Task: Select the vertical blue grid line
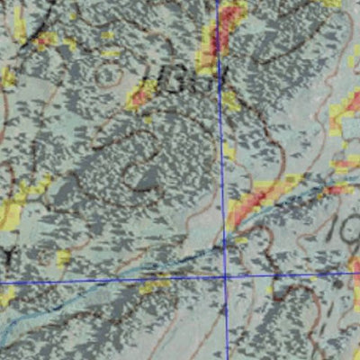(220, 135)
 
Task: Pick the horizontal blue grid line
(108, 281)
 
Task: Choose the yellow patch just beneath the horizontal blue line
(155, 287)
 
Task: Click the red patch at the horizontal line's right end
(355, 270)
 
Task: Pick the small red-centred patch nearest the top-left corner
(42, 40)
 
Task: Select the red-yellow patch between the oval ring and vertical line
(142, 94)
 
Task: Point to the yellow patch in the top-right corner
(333, 4)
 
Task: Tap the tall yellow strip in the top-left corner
(19, 27)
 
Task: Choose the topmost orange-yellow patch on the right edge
(342, 108)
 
